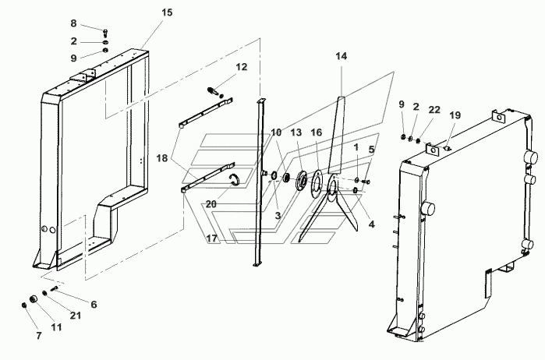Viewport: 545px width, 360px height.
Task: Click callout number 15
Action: (167, 12)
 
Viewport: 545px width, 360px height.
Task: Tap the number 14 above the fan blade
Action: (342, 56)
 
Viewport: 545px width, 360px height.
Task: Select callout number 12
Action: (242, 67)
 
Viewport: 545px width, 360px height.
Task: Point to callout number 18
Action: (162, 158)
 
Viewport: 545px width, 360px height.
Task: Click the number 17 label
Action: (211, 238)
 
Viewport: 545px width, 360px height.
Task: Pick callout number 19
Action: (455, 115)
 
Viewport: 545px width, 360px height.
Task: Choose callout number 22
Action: (434, 110)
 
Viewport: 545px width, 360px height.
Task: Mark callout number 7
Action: (38, 335)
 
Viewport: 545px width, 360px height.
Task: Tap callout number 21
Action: (76, 315)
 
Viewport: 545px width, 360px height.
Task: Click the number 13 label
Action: (296, 132)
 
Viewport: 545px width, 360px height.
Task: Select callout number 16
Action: (317, 132)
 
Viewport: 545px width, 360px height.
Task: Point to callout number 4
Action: (372, 224)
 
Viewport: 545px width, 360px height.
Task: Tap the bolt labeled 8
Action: (106, 34)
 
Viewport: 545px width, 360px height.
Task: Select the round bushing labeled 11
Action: (34, 299)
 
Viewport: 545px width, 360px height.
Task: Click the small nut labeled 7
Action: (24, 305)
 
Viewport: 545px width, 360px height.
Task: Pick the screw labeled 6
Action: (55, 288)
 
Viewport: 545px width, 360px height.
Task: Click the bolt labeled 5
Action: (366, 182)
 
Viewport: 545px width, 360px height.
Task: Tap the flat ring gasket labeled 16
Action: (315, 184)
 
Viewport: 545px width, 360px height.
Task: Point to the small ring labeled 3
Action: (274, 176)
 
